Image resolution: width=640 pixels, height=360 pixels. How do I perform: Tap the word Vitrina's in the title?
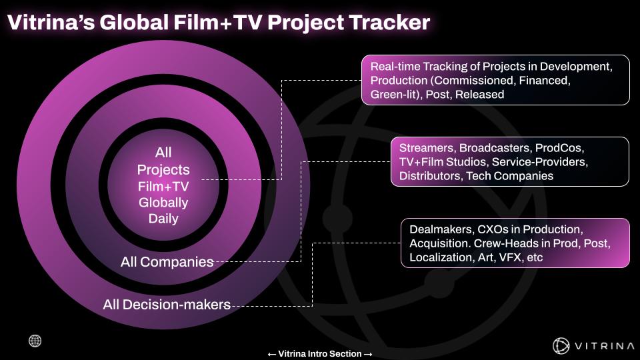(51, 22)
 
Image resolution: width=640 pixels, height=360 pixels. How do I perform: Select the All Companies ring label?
(167, 261)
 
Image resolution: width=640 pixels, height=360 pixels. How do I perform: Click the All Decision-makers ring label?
(167, 305)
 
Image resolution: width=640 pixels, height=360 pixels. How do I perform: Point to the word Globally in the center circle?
(163, 203)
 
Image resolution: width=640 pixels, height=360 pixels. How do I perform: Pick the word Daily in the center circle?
(163, 219)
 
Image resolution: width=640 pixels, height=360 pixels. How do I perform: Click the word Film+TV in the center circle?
(163, 187)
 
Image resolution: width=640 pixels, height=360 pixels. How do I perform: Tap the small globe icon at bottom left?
(35, 341)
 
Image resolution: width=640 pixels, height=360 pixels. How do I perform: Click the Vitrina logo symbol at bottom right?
(561, 346)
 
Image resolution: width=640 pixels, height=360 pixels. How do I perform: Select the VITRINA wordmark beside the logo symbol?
(605, 346)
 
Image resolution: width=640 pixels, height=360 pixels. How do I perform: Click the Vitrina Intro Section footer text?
(319, 354)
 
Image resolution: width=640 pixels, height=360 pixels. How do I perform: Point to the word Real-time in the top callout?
(395, 67)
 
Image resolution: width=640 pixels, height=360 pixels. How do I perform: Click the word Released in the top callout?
(479, 95)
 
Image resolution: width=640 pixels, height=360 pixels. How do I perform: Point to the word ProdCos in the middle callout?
(559, 148)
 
